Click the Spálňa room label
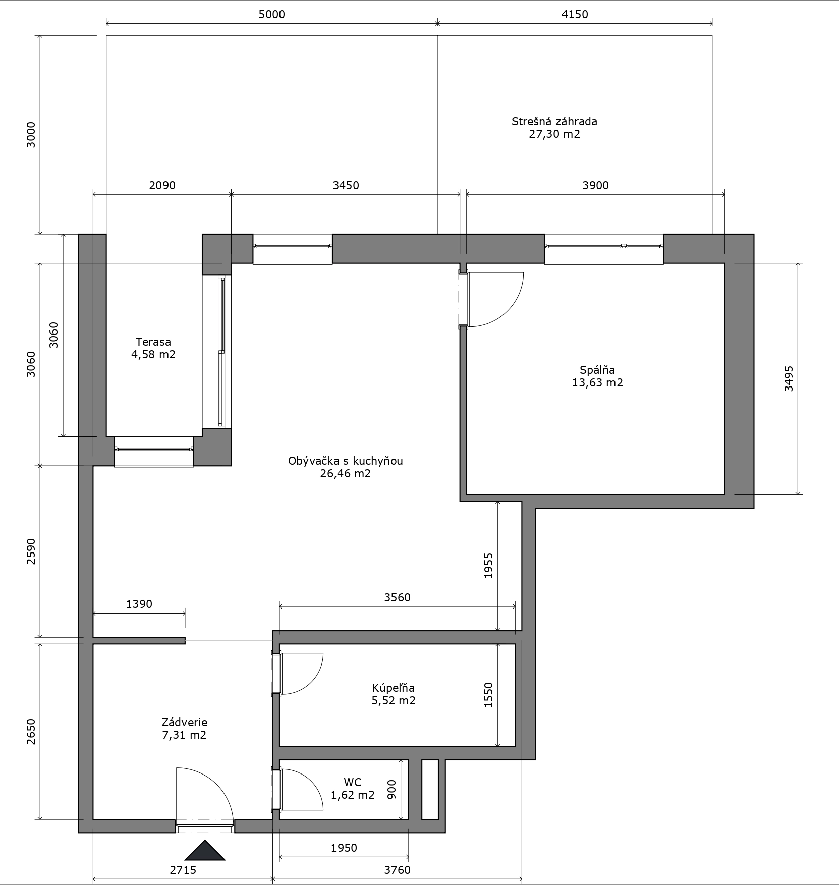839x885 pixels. pyautogui.click(x=597, y=370)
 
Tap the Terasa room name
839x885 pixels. pyautogui.click(x=153, y=342)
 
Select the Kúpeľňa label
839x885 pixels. pyautogui.click(x=394, y=688)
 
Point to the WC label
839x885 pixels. pyautogui.click(x=353, y=782)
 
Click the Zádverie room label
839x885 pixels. pyautogui.click(x=185, y=722)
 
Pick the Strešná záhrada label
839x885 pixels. pyautogui.click(x=554, y=121)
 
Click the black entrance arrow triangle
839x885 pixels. pyautogui.click(x=204, y=850)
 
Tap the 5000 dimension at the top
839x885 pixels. pyautogui.click(x=272, y=14)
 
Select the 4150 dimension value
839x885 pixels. pyautogui.click(x=575, y=14)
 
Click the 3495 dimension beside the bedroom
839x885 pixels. pyautogui.click(x=789, y=378)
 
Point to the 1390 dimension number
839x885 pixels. pyautogui.click(x=139, y=604)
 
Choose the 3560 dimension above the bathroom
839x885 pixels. pyautogui.click(x=398, y=597)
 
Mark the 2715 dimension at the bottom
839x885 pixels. pyautogui.click(x=183, y=870)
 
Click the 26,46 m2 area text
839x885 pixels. pyautogui.click(x=346, y=473)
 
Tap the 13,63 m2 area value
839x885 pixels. pyautogui.click(x=597, y=382)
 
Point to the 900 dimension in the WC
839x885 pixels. pyautogui.click(x=391, y=790)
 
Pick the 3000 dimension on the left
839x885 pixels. pyautogui.click(x=31, y=134)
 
